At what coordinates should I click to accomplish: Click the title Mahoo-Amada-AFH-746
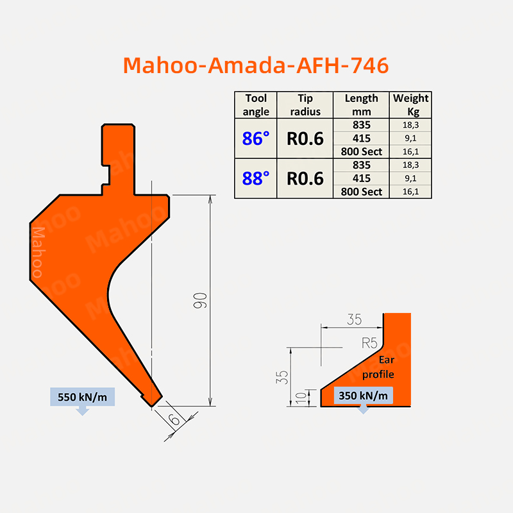click(x=255, y=65)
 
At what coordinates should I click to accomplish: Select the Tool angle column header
click(x=256, y=105)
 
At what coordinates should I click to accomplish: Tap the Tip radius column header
click(x=305, y=105)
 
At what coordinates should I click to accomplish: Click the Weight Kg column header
click(x=410, y=105)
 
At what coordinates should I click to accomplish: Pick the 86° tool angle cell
click(x=256, y=138)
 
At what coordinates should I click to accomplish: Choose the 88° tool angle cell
click(x=256, y=178)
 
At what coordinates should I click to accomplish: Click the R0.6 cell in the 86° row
click(x=305, y=138)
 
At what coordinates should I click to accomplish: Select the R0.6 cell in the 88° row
click(x=305, y=178)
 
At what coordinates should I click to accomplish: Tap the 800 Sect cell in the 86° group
click(x=362, y=151)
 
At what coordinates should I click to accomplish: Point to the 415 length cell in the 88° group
click(x=362, y=178)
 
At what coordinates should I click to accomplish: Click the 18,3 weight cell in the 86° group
click(x=410, y=124)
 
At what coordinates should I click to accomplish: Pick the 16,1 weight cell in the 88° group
click(x=410, y=191)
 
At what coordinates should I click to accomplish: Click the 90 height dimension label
click(x=200, y=301)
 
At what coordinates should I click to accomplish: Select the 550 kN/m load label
click(x=83, y=396)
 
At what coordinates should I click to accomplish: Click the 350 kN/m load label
click(x=363, y=396)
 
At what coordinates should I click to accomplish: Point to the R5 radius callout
click(x=369, y=342)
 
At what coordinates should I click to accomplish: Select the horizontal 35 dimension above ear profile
click(x=353, y=318)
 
